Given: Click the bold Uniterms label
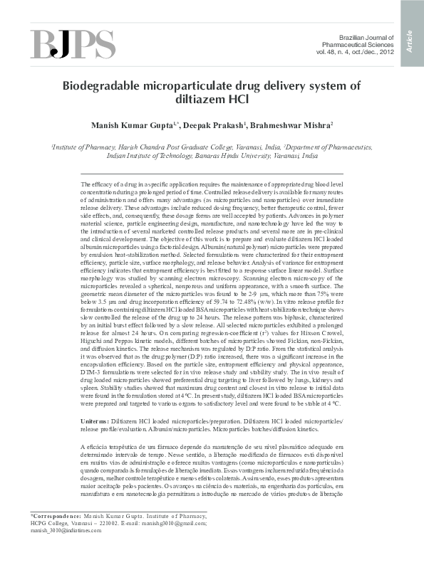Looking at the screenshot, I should click(95, 422).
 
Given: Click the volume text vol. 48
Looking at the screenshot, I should click(329, 52).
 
